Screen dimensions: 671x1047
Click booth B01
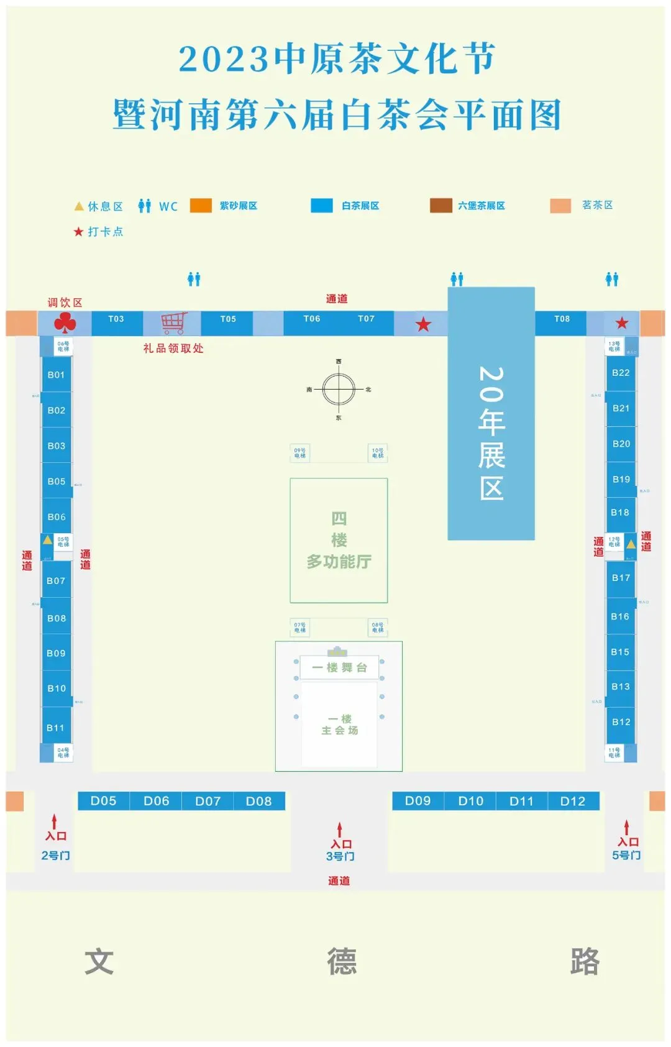[56, 375]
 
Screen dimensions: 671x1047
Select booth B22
[621, 373]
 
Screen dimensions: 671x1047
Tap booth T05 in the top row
[228, 319]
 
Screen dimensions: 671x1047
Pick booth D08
[258, 802]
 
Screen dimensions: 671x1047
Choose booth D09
[418, 801]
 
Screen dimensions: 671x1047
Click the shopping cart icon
[173, 323]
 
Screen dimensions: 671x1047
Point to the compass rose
[339, 390]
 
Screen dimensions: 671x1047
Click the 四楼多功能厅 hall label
[339, 540]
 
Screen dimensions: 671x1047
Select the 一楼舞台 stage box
[339, 668]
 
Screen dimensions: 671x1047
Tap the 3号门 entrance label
[340, 856]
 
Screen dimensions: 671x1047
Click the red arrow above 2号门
[55, 821]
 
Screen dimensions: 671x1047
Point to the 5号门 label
[626, 855]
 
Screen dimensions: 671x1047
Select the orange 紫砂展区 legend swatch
[201, 206]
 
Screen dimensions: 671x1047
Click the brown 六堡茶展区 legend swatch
[440, 206]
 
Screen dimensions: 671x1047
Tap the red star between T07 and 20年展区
[423, 324]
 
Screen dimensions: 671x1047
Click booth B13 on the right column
[621, 687]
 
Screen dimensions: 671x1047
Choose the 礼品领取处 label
[173, 349]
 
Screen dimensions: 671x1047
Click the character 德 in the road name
[342, 961]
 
